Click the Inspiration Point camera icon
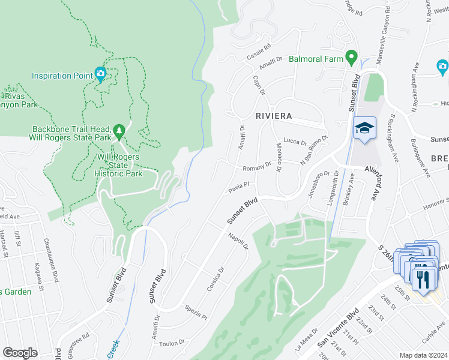tap(100, 75)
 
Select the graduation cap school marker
tap(364, 128)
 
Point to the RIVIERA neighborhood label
tap(273, 116)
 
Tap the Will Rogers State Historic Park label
tap(119, 165)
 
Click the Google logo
tap(20, 353)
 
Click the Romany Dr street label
tap(257, 169)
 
